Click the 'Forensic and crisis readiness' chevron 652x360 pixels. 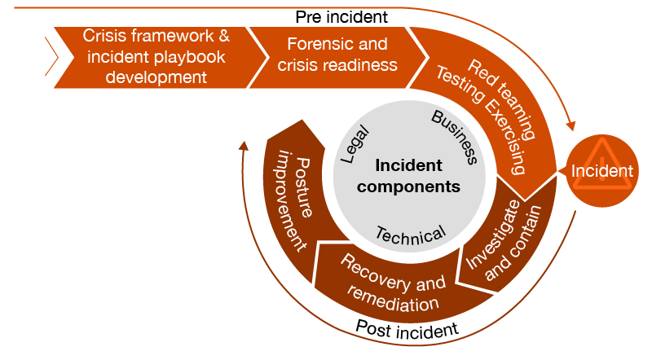click(x=337, y=55)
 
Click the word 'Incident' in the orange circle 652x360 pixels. click(x=601, y=171)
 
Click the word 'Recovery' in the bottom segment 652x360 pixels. click(x=370, y=268)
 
